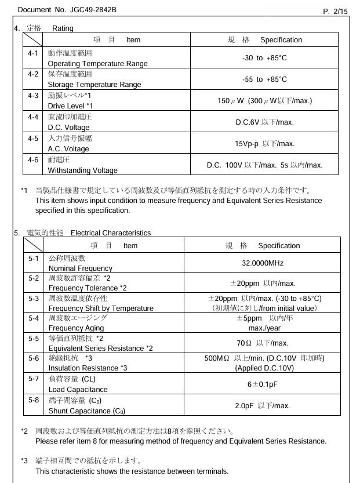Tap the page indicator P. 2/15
coord(335,11)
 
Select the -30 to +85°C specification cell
coord(264,58)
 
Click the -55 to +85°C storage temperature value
coord(264,79)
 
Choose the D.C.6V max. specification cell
coord(264,122)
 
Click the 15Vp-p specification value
coord(264,144)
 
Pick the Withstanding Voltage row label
coord(82,170)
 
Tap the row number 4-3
coord(33,96)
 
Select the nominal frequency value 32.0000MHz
coord(263,263)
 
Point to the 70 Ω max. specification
coord(263,343)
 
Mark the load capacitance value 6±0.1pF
coord(263,384)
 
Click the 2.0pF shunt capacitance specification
coord(263,405)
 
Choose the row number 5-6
coord(34,358)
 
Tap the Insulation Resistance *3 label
coord(88,368)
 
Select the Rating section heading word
coord(63,28)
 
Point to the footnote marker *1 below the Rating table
coord(24,190)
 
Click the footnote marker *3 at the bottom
coord(24,461)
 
